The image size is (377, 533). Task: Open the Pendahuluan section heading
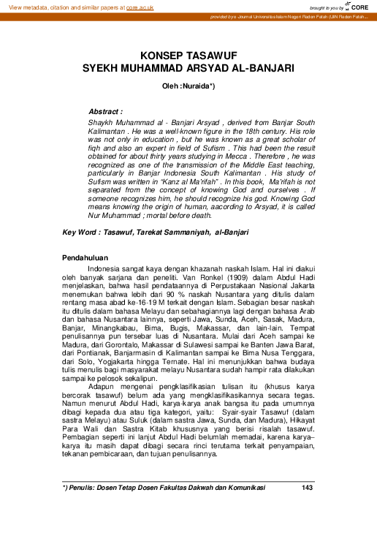pyautogui.click(x=85, y=258)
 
